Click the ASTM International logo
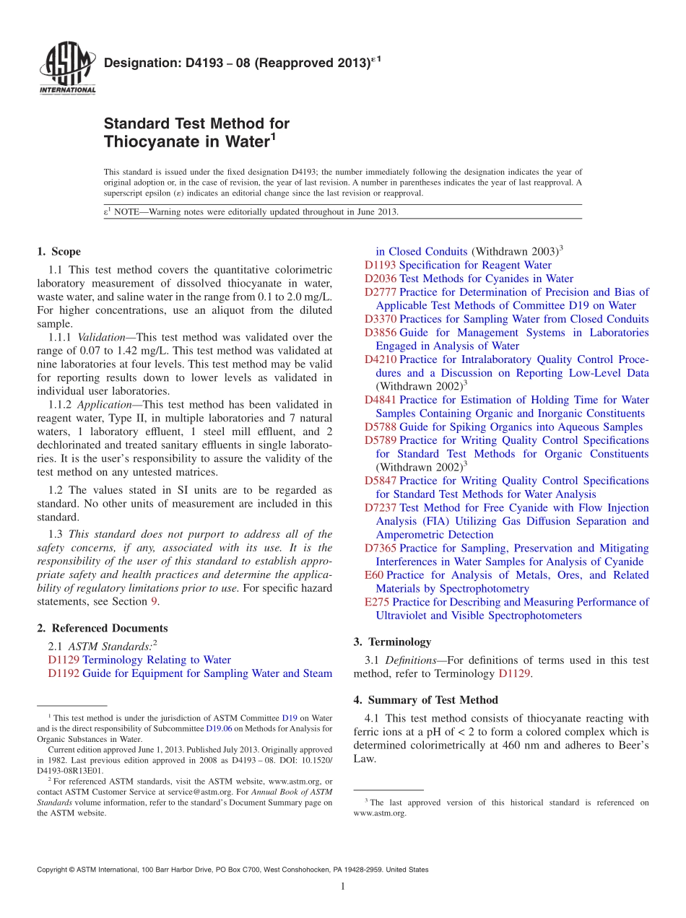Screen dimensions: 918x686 pyautogui.click(x=66, y=69)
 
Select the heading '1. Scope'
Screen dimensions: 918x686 pyautogui.click(x=58, y=252)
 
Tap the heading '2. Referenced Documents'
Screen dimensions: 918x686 pyautogui.click(x=102, y=629)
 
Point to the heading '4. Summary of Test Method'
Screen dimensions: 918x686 pyautogui.click(x=425, y=700)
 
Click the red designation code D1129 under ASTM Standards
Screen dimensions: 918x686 pyautogui.click(x=64, y=660)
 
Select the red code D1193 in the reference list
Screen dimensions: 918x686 pyautogui.click(x=380, y=265)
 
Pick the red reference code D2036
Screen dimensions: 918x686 pyautogui.click(x=380, y=279)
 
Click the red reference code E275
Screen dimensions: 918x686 pyautogui.click(x=377, y=602)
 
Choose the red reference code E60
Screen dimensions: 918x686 pyautogui.click(x=374, y=575)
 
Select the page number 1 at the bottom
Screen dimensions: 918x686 pyautogui.click(x=342, y=886)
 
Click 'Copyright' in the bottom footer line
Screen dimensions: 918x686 pyautogui.click(x=54, y=870)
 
